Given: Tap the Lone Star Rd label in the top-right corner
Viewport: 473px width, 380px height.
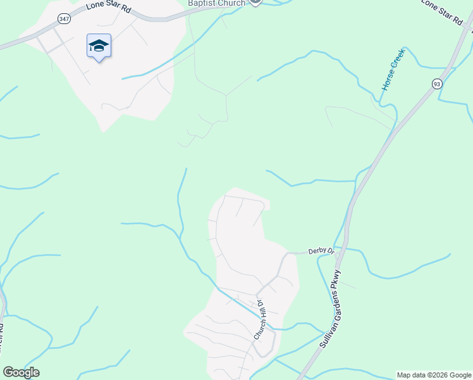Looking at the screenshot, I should click(442, 11).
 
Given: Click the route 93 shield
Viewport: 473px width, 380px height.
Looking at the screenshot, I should click(437, 84).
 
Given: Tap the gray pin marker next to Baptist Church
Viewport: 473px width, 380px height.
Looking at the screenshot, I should click(255, 2).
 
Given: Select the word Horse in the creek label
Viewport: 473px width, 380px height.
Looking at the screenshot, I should click(387, 81).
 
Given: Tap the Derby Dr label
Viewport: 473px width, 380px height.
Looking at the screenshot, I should click(321, 251).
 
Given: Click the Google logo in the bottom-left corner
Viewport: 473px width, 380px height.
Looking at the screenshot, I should click(21, 372).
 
